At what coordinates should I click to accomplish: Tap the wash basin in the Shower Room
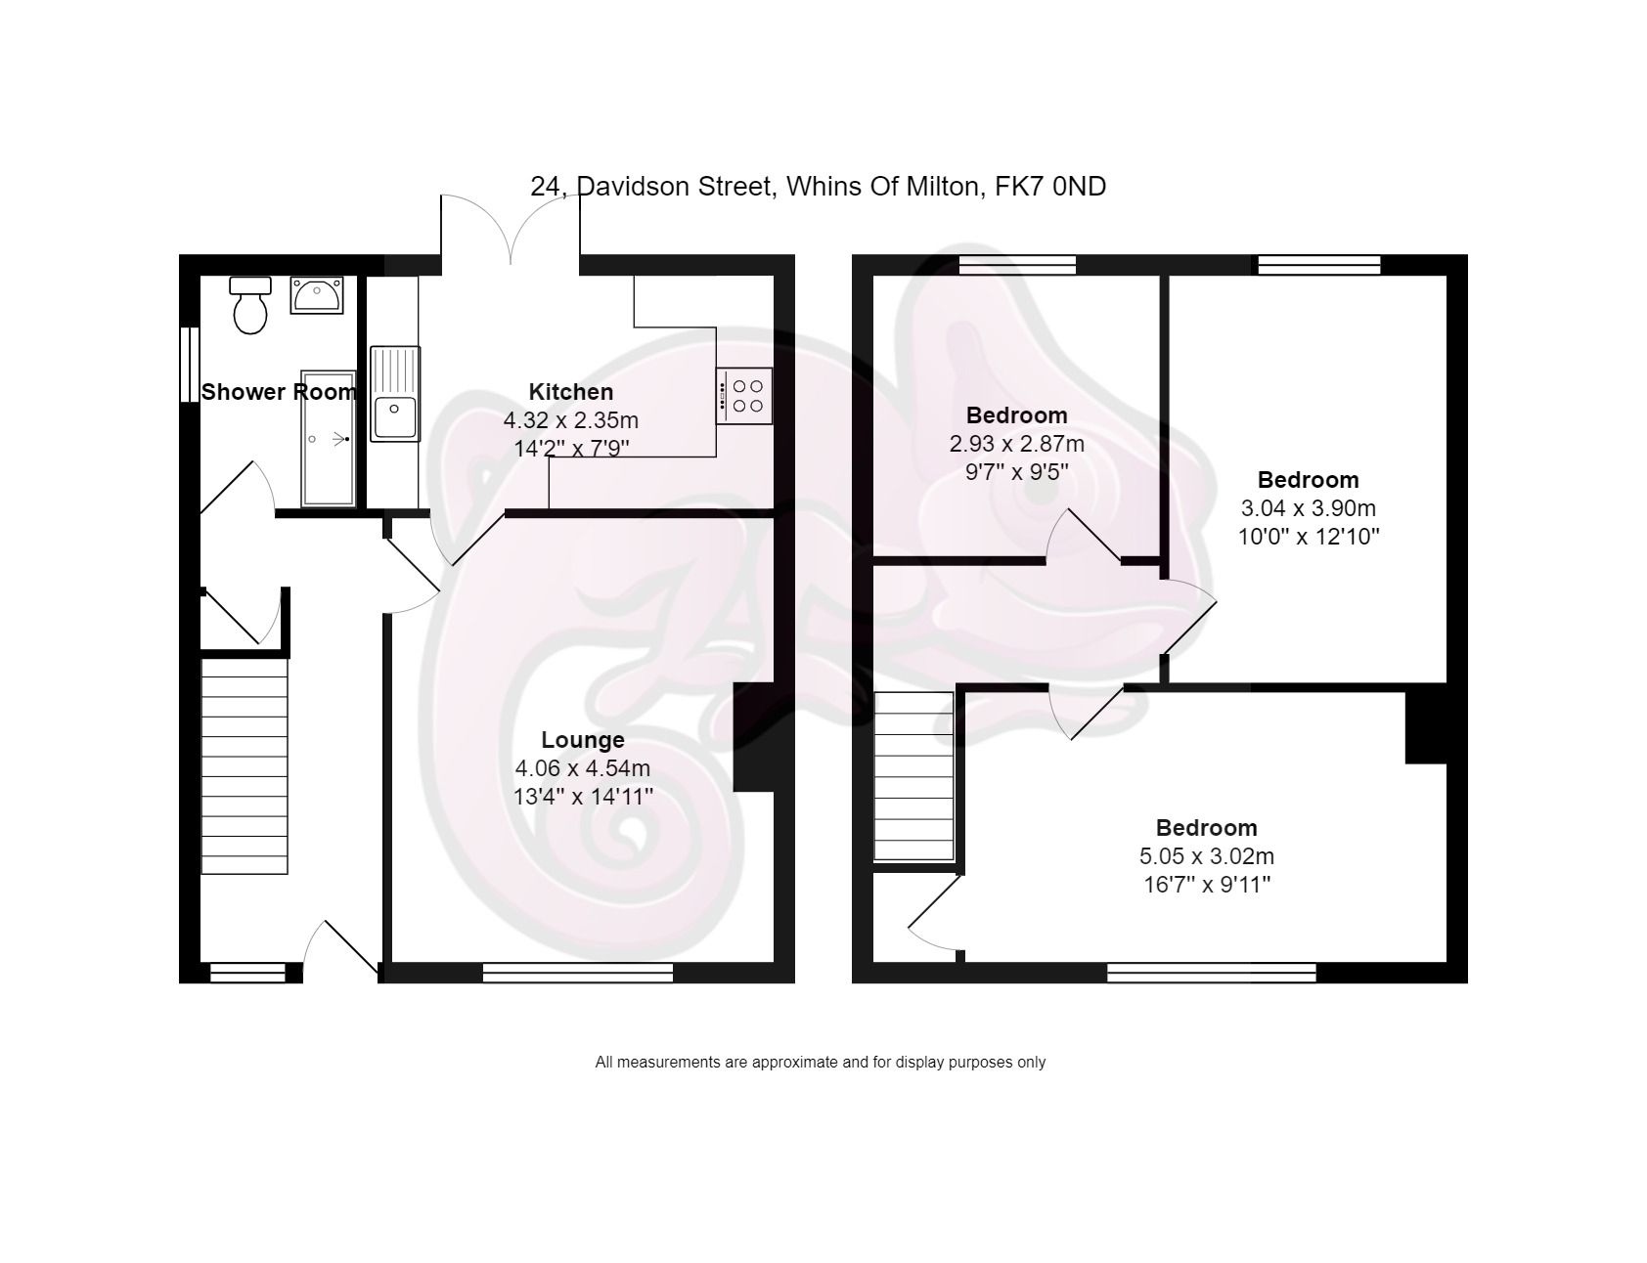(x=316, y=294)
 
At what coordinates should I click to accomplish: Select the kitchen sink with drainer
(x=395, y=394)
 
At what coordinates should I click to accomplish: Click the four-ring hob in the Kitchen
(x=744, y=395)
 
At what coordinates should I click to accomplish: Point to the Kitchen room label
(x=571, y=392)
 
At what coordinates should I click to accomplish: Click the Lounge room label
(x=583, y=740)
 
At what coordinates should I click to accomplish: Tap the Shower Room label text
(x=279, y=392)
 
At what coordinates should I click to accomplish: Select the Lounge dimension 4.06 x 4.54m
(x=583, y=768)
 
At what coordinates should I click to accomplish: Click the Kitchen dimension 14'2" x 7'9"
(x=571, y=449)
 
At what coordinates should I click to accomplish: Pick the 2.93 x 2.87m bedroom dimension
(x=1017, y=444)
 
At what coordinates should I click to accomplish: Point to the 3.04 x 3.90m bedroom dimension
(x=1309, y=508)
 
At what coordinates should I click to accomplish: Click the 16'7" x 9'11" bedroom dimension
(x=1207, y=885)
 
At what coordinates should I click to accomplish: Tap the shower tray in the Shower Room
(x=328, y=439)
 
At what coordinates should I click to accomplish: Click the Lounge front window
(x=578, y=972)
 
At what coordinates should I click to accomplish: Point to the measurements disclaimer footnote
(x=821, y=1062)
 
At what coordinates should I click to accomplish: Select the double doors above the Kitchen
(x=511, y=231)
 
